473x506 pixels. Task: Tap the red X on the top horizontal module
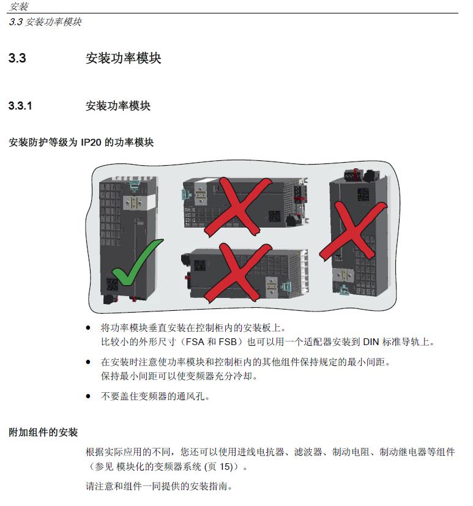[238, 207]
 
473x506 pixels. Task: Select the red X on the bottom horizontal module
[238, 273]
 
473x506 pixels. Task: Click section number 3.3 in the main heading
[17, 58]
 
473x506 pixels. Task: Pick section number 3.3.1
[20, 105]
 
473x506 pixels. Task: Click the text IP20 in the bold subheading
[91, 143]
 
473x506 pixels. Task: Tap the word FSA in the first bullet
[195, 342]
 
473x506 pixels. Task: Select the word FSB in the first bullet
[228, 342]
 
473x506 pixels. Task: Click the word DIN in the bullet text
[371, 342]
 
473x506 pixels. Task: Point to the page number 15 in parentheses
[226, 467]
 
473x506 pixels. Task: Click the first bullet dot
[88, 328]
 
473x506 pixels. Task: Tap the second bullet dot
[88, 362]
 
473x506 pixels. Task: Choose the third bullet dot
[88, 396]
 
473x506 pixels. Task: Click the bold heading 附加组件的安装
[43, 432]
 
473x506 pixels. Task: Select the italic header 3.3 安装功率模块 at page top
[45, 22]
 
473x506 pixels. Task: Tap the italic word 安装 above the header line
[19, 6]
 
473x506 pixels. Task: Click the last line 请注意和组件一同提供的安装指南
[159, 486]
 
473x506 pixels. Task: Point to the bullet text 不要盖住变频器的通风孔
[155, 396]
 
